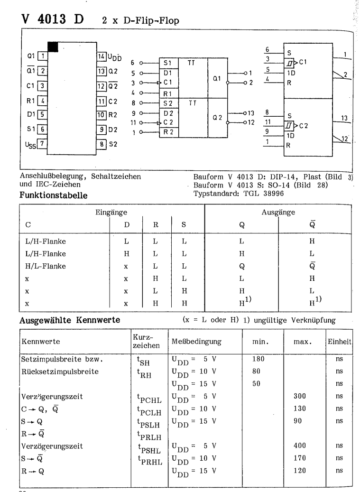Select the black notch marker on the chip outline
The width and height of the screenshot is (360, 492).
coord(53,46)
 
